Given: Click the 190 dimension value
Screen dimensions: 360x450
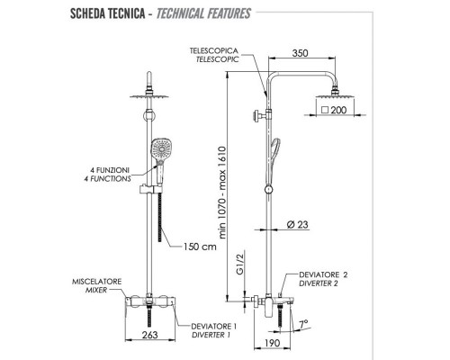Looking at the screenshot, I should (270, 343).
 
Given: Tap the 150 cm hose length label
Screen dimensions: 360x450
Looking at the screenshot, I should (200, 247).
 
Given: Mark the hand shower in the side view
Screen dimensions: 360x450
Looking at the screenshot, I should (274, 149).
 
